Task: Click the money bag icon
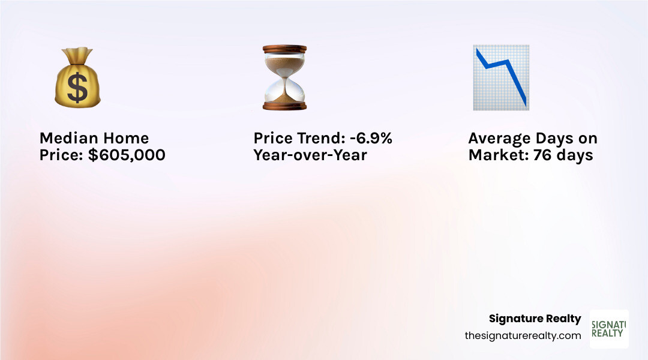(x=77, y=80)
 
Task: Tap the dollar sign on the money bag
(x=77, y=88)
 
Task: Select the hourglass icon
(x=284, y=77)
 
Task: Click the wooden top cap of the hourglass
(x=284, y=49)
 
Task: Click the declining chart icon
(x=500, y=77)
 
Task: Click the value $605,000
(x=127, y=155)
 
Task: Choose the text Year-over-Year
(x=310, y=155)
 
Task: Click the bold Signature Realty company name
(x=535, y=319)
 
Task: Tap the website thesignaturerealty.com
(x=523, y=336)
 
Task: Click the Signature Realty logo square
(x=609, y=329)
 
